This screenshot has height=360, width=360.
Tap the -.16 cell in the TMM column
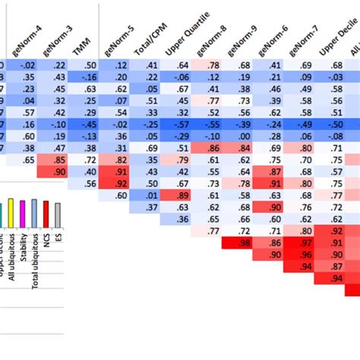coord(90,77)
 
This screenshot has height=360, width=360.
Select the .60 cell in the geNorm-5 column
coord(121,195)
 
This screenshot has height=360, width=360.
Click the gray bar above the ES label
coord(58,214)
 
